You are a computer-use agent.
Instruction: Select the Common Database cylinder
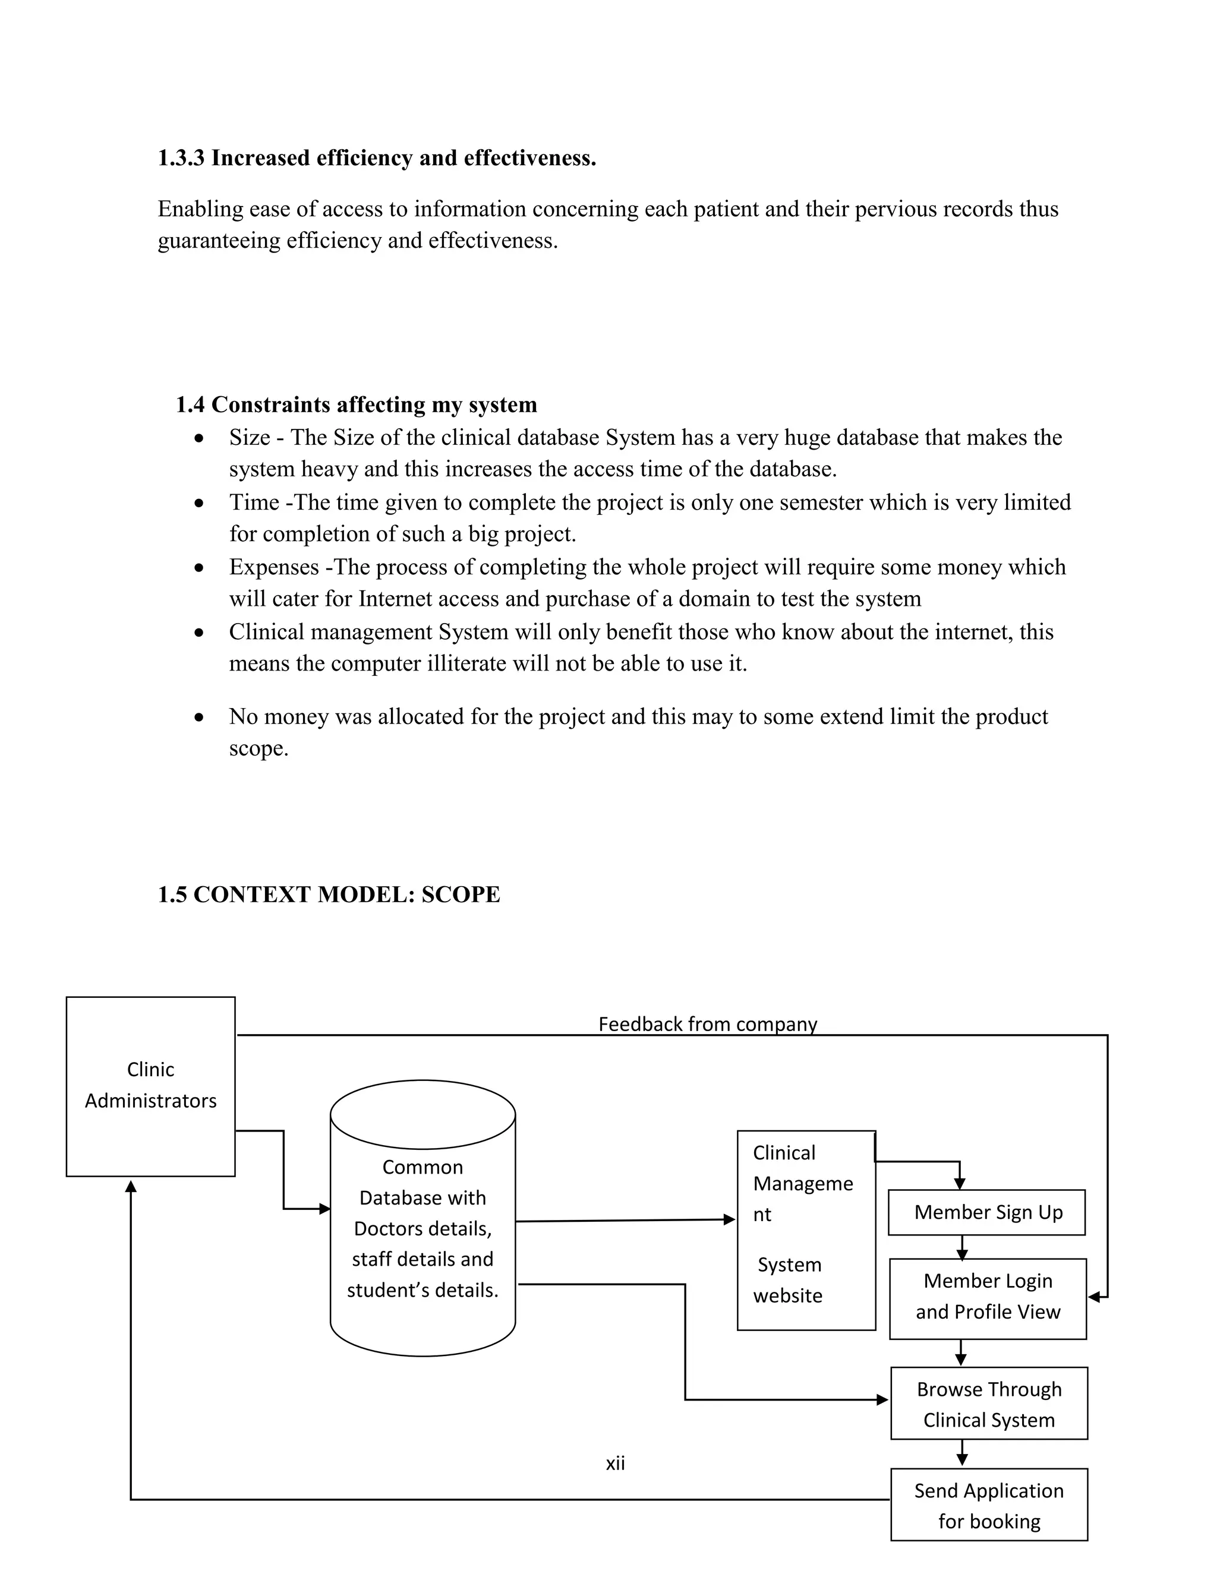pos(423,1218)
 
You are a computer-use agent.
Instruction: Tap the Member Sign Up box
pos(986,1212)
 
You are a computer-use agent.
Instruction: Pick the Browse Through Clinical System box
pos(988,1403)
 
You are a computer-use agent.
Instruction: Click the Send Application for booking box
pos(988,1505)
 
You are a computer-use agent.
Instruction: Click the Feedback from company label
pos(707,1024)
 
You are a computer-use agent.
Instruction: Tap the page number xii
pos(615,1463)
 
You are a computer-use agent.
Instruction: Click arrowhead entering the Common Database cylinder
pos(325,1209)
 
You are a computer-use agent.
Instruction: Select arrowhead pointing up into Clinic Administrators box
pos(131,1187)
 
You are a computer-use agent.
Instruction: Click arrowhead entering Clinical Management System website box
pos(730,1219)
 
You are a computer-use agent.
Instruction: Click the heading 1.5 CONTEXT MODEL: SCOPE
pos(329,895)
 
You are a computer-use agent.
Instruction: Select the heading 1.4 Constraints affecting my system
pos(356,404)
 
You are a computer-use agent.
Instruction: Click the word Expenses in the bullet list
pos(274,567)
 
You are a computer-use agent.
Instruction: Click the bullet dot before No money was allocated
pos(199,718)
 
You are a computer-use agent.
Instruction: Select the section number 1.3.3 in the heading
pos(181,158)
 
